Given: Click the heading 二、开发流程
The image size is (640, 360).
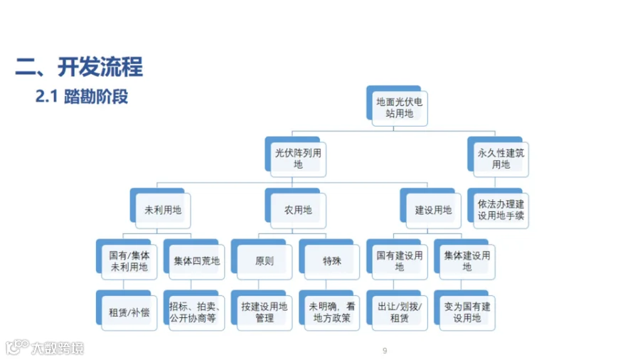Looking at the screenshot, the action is [79, 68].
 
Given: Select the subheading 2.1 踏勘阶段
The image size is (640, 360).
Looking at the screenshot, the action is [82, 97].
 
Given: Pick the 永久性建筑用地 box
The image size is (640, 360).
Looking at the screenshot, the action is [501, 159].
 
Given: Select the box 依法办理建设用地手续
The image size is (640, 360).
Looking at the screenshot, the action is [501, 210].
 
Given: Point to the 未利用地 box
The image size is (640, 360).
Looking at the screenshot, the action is [163, 211].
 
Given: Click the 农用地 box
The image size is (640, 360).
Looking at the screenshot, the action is [298, 211].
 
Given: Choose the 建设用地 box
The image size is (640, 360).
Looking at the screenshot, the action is [433, 211].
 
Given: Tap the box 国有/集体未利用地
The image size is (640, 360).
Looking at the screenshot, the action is [129, 261].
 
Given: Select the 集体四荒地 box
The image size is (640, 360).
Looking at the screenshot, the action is [196, 261].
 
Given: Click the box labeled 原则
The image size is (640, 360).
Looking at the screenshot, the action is [264, 261].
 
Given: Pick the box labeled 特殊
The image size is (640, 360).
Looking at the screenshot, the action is [331, 261].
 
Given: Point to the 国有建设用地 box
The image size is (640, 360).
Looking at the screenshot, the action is [399, 261].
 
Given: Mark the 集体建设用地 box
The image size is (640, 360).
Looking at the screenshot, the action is [466, 261].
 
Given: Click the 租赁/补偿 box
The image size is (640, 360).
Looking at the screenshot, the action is [129, 312].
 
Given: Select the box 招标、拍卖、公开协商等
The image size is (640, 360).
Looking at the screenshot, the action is [196, 312].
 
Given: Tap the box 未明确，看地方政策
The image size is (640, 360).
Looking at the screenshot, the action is [331, 312].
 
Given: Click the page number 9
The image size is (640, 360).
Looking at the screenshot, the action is [385, 351].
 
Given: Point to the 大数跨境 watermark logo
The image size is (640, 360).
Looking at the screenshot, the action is [46, 349].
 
